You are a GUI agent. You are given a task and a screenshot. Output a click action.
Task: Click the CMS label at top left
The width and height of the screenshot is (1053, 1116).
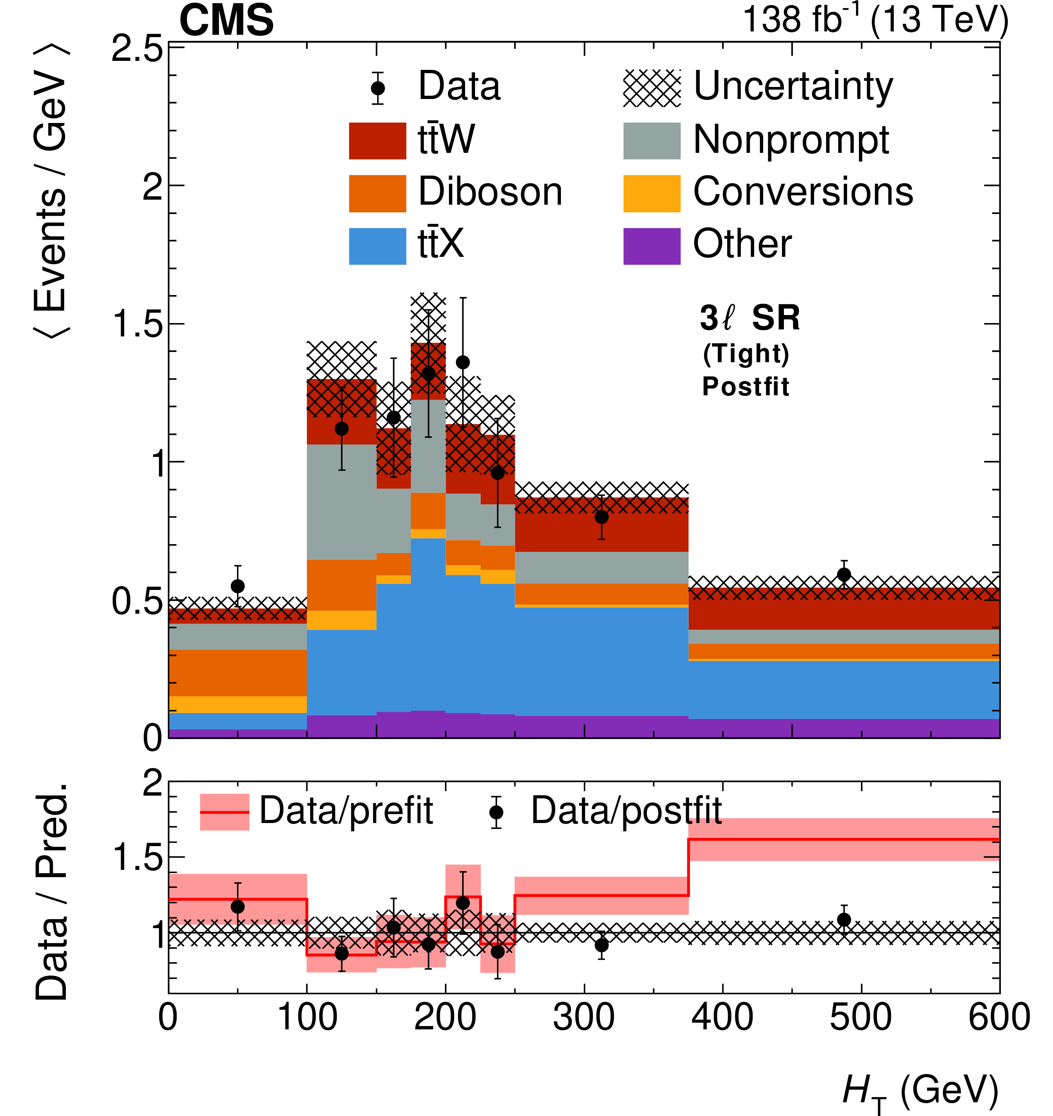click(226, 20)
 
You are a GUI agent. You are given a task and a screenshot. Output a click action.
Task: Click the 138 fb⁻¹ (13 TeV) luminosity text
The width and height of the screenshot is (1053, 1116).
click(875, 20)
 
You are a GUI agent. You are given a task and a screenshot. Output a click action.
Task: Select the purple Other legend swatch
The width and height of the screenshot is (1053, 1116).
click(652, 246)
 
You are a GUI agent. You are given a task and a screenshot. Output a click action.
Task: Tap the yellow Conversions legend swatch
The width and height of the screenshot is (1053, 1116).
click(652, 194)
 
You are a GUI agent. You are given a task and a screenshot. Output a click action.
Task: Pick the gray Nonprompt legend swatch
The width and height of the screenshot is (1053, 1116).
click(652, 141)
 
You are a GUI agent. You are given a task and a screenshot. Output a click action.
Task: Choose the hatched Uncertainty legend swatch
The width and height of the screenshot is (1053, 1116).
click(652, 88)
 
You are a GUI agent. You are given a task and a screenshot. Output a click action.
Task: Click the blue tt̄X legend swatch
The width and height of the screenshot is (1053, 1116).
click(377, 246)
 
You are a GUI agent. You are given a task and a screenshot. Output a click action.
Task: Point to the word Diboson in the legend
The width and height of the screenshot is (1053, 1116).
click(490, 192)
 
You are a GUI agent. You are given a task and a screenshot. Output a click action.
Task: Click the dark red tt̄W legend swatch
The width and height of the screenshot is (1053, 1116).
click(377, 141)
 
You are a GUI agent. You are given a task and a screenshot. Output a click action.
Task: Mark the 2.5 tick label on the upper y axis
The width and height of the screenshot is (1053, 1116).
click(137, 49)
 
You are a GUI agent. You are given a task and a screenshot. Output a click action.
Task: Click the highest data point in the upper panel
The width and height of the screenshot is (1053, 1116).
click(463, 362)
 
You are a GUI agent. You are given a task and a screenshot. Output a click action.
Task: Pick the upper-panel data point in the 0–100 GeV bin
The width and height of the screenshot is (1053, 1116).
click(237, 586)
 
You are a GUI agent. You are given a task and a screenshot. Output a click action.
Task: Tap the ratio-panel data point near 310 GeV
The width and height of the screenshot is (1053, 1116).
click(601, 945)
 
